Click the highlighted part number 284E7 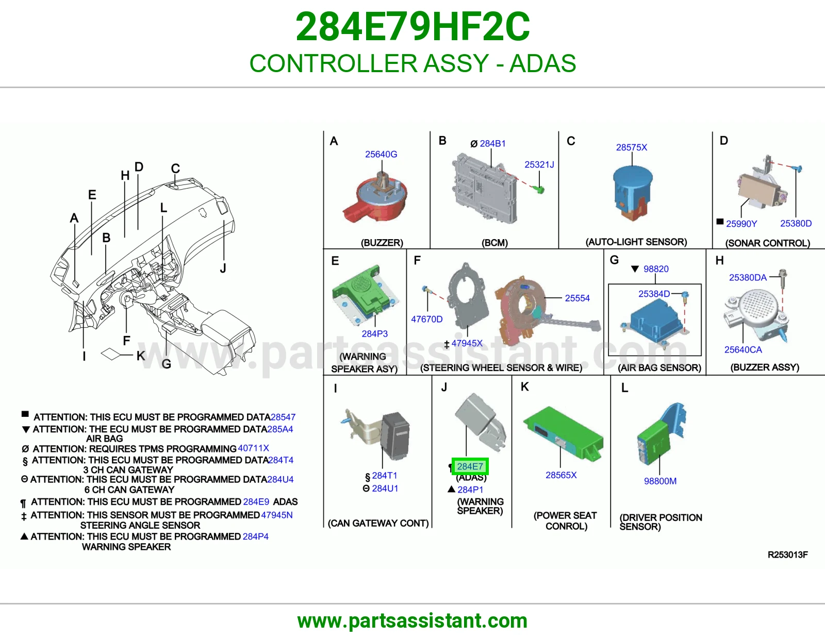[x=470, y=466]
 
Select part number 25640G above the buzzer [x=381, y=154]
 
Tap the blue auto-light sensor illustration [x=633, y=192]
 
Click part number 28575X [x=631, y=147]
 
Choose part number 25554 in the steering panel [x=577, y=298]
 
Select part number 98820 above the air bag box [x=656, y=268]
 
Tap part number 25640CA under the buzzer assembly [x=743, y=349]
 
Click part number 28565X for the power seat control [x=561, y=475]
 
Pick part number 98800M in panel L [x=660, y=481]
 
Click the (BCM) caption [x=494, y=243]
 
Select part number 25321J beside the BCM [x=539, y=164]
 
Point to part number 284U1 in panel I [x=385, y=489]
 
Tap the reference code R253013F [x=787, y=555]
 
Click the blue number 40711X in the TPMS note [x=253, y=448]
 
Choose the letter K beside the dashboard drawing [x=141, y=356]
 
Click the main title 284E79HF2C [x=412, y=27]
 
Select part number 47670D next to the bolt [x=426, y=319]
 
